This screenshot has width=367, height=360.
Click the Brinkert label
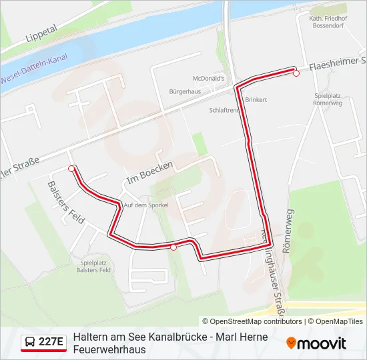point(256,99)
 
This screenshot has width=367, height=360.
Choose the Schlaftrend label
point(224,110)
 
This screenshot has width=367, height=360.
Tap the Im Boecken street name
point(149,173)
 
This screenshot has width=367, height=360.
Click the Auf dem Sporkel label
point(145,205)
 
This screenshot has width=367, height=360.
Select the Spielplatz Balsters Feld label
point(91,266)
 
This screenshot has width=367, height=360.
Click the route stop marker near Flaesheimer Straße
point(296,73)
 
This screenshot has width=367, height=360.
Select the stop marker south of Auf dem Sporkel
point(173,247)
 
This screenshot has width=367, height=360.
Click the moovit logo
point(316,343)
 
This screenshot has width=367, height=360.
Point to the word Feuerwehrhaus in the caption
point(109,349)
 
